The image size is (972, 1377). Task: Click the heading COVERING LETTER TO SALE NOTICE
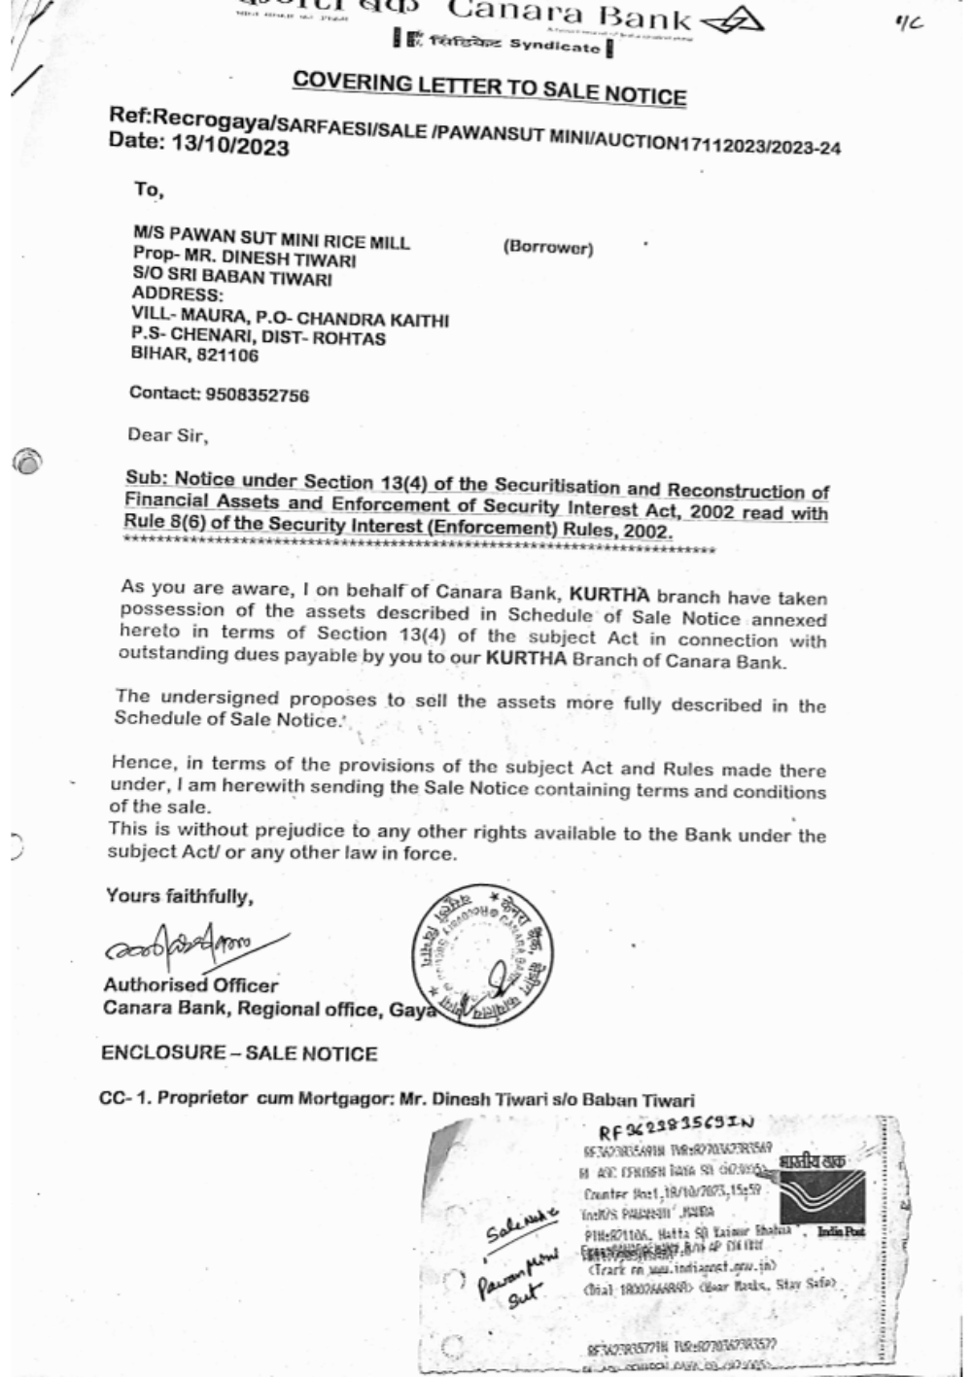point(489,87)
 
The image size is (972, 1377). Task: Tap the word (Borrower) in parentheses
point(547,248)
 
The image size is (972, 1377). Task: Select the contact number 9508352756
point(258,395)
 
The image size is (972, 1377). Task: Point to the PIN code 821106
point(229,356)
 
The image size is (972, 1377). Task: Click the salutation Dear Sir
point(167,434)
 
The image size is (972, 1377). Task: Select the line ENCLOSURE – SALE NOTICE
point(238,1053)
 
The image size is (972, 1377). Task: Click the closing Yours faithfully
point(179,896)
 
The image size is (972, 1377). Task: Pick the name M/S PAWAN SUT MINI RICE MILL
point(271,241)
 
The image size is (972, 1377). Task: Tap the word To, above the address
point(149,189)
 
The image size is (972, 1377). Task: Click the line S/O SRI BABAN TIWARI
point(231,279)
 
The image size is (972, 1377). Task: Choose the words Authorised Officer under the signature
point(191,985)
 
